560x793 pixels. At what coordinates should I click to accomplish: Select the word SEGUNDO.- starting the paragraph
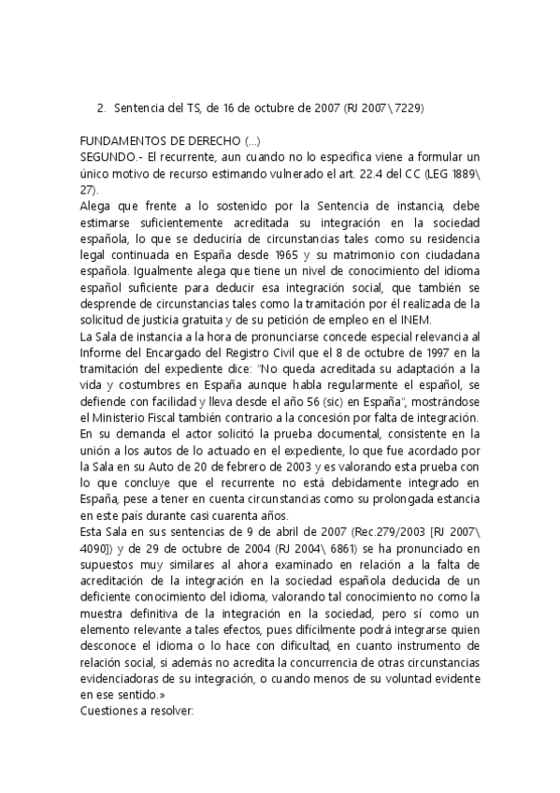(x=112, y=156)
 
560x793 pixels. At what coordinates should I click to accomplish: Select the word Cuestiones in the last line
(x=116, y=711)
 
